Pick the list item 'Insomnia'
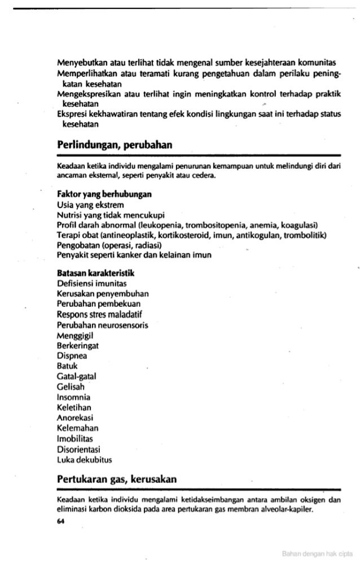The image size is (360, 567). [73, 398]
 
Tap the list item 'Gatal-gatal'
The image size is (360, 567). [76, 377]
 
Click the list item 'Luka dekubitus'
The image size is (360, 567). [85, 460]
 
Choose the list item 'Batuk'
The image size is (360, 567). [68, 367]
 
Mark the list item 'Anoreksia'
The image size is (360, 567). [75, 419]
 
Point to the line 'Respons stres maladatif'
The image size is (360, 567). [94, 314]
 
